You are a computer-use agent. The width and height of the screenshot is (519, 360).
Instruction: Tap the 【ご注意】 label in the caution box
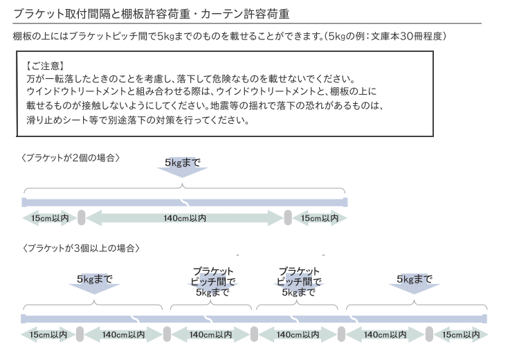[x=45, y=66]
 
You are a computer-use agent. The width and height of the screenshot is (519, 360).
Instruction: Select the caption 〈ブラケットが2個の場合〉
[x=70, y=158]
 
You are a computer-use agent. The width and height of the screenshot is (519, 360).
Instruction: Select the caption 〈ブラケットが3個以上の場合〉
[x=80, y=248]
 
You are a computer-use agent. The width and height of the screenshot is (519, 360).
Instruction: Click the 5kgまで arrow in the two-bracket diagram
[x=183, y=168]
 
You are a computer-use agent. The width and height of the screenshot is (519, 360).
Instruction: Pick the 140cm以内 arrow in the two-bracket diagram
[x=185, y=218]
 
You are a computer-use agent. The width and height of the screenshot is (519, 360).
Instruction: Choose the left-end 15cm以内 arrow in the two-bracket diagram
[x=50, y=218]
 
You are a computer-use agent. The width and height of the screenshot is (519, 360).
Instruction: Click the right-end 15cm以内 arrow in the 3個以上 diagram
[x=461, y=334]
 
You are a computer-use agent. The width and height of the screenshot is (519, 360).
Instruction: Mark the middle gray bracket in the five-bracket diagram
[x=254, y=334]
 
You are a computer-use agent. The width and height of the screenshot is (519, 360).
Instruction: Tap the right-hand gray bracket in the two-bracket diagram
[x=288, y=217]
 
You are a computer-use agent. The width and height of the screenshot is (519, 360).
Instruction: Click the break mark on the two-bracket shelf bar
[x=184, y=202]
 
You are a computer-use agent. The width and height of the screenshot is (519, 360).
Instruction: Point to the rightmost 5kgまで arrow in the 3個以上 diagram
[x=415, y=284]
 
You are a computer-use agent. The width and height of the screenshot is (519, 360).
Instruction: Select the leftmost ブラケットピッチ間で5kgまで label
[x=212, y=282]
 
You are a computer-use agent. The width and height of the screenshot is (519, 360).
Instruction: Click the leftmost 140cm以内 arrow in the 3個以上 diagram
[x=123, y=334]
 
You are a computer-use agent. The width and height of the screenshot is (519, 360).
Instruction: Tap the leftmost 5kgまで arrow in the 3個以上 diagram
[x=94, y=284]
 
